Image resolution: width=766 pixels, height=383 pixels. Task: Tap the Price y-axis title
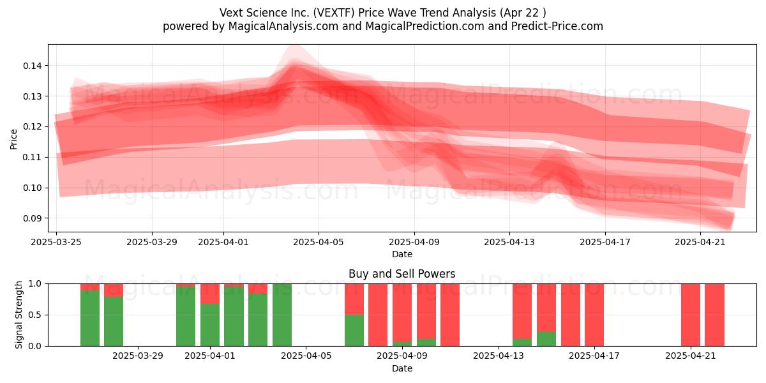click(x=13, y=139)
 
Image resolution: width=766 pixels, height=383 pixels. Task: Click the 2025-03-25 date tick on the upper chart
click(x=56, y=243)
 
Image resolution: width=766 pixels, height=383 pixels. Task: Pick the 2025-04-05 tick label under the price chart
click(x=319, y=243)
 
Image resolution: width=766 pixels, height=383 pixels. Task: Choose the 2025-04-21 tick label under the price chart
click(x=700, y=243)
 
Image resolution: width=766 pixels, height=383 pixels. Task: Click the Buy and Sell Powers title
click(x=402, y=274)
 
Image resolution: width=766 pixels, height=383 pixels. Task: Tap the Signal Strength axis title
click(x=19, y=315)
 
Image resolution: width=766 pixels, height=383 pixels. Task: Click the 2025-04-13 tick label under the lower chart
click(x=498, y=356)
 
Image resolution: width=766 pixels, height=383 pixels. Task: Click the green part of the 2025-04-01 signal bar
click(x=210, y=326)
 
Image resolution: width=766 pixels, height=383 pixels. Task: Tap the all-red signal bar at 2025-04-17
click(x=594, y=315)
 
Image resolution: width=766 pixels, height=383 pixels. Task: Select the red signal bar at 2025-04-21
click(x=691, y=315)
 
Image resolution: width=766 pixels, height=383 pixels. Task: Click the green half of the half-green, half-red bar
click(x=354, y=331)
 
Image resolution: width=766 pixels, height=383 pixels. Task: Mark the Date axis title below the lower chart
click(x=402, y=368)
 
